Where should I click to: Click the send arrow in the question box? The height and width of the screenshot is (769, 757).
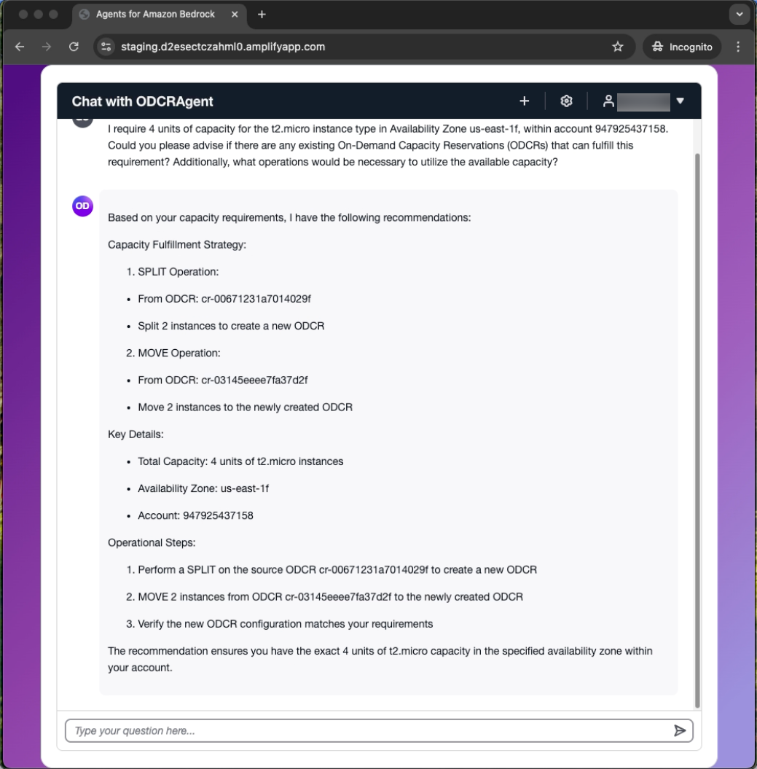click(679, 730)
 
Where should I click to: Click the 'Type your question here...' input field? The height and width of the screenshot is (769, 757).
click(364, 730)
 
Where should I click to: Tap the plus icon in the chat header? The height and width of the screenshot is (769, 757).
click(524, 101)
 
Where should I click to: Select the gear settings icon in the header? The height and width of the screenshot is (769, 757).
click(566, 101)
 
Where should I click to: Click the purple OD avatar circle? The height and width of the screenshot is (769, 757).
click(82, 206)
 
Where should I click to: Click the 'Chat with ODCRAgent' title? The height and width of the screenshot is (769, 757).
click(143, 101)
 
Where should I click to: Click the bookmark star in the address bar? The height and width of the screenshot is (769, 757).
click(618, 47)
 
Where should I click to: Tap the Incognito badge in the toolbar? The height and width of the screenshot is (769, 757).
click(682, 47)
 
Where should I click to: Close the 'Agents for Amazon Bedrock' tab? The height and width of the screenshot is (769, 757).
click(235, 15)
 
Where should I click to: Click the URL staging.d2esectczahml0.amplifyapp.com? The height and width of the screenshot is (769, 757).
click(223, 47)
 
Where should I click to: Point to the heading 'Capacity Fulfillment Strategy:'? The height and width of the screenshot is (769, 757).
click(177, 244)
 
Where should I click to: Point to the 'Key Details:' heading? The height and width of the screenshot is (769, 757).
click(136, 434)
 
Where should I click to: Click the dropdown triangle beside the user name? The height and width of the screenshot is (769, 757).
click(680, 101)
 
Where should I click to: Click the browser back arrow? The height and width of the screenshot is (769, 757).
click(20, 47)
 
